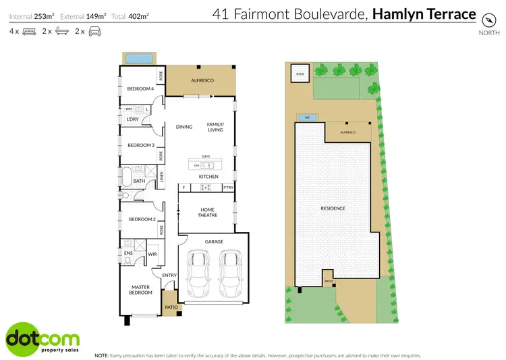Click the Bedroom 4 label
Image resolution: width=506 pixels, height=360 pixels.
click(x=141, y=89)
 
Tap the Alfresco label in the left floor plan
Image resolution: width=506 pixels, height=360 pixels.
click(x=202, y=81)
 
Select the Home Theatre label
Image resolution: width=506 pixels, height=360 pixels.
click(x=206, y=212)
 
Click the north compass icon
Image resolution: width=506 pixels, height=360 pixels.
click(x=485, y=20)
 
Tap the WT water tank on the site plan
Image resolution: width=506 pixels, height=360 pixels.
click(x=307, y=117)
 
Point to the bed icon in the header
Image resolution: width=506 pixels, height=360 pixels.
click(x=29, y=32)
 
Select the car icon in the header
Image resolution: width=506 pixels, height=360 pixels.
click(x=94, y=32)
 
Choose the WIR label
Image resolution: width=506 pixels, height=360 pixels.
click(x=152, y=254)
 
